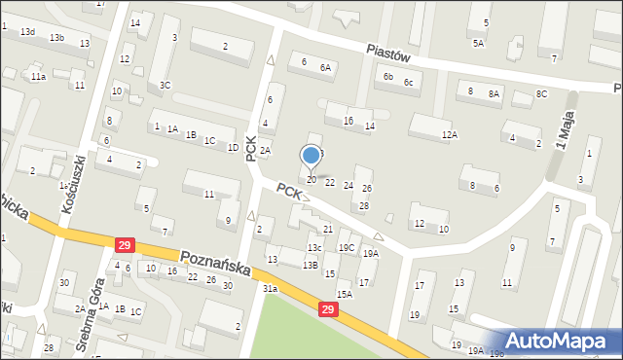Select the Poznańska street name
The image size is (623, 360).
coord(215,262)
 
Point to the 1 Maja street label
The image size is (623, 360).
coord(562,130)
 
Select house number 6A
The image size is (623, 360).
coord(325,68)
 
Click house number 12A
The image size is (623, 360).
coord(449,135)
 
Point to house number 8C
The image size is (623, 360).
coord(541,93)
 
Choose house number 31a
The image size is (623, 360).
coord(270,288)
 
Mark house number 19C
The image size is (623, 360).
coord(346,247)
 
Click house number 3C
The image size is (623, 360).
coord(165,86)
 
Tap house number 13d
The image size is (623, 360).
coord(28,32)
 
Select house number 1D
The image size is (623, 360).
coord(233,148)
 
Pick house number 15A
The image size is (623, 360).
coord(344,294)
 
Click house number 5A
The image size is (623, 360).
coord(478,43)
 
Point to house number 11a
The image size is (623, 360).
coord(38,76)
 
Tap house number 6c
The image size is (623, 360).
coord(409,82)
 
